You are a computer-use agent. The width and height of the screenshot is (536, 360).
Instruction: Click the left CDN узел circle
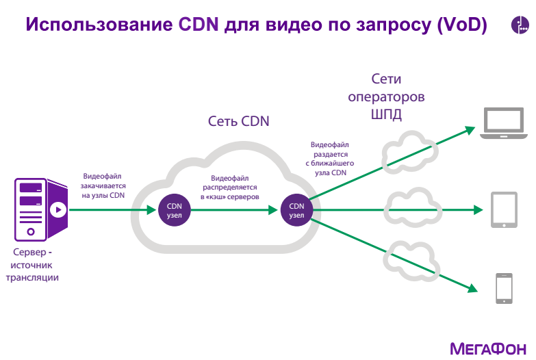[174, 210]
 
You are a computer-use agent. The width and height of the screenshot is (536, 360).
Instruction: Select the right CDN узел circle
[296, 210]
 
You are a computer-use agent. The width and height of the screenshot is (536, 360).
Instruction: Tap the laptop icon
[504, 123]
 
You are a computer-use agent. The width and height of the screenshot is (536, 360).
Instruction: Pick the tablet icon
[504, 209]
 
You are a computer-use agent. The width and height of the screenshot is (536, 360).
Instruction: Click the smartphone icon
[505, 288]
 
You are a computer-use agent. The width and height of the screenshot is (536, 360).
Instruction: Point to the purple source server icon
[41, 209]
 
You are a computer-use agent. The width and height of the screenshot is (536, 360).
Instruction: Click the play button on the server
[58, 209]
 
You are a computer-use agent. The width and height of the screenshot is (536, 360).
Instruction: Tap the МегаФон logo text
[488, 349]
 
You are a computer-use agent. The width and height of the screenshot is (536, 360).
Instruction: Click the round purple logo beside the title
[520, 25]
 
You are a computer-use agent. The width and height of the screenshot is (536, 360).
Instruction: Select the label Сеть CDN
[239, 121]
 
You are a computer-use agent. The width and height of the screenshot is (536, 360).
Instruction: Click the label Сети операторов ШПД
[386, 97]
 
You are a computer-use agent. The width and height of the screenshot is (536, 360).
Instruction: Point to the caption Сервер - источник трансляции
[32, 265]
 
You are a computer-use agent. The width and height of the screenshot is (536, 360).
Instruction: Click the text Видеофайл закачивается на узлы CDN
[103, 185]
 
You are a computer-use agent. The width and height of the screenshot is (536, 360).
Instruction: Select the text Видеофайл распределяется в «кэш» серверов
[230, 188]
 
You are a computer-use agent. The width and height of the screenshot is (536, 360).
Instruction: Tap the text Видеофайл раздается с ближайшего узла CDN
[330, 159]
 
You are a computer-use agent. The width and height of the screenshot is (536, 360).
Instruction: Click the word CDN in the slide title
[199, 24]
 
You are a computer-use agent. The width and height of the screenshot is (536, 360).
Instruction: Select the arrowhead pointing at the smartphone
[472, 289]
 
